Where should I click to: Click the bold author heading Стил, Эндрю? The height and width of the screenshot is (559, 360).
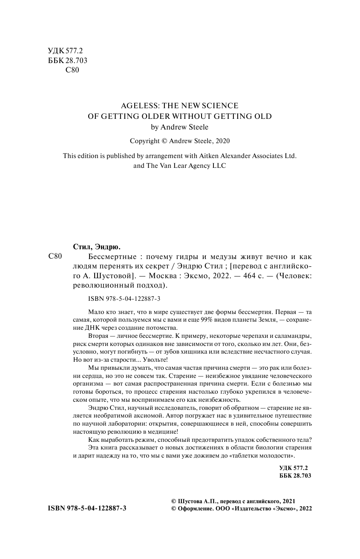[x=94, y=247]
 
